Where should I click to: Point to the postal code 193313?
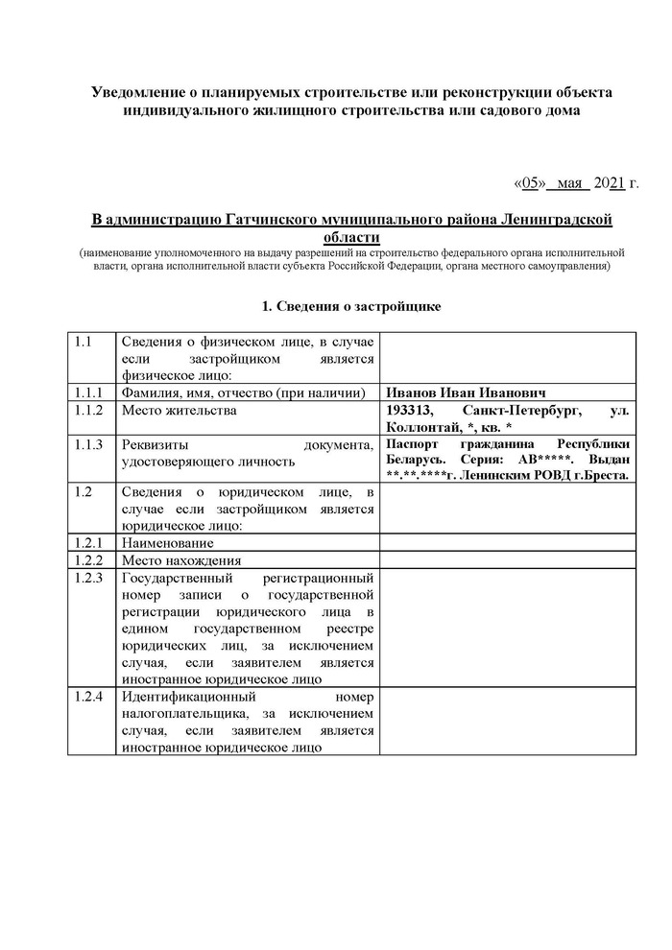[x=410, y=410]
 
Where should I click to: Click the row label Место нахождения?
[x=180, y=560]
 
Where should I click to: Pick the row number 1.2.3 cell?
[x=88, y=579]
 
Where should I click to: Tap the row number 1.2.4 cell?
[x=88, y=695]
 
